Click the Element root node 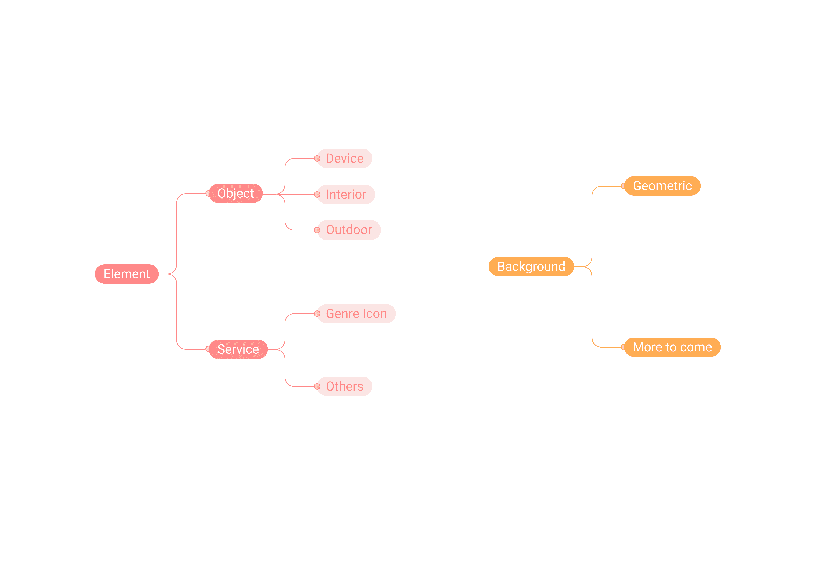point(127,274)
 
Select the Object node point(236,193)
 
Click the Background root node point(531,267)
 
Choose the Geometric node point(662,186)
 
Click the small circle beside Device point(317,159)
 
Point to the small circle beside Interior point(317,194)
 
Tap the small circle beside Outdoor point(317,230)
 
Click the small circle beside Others point(317,386)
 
